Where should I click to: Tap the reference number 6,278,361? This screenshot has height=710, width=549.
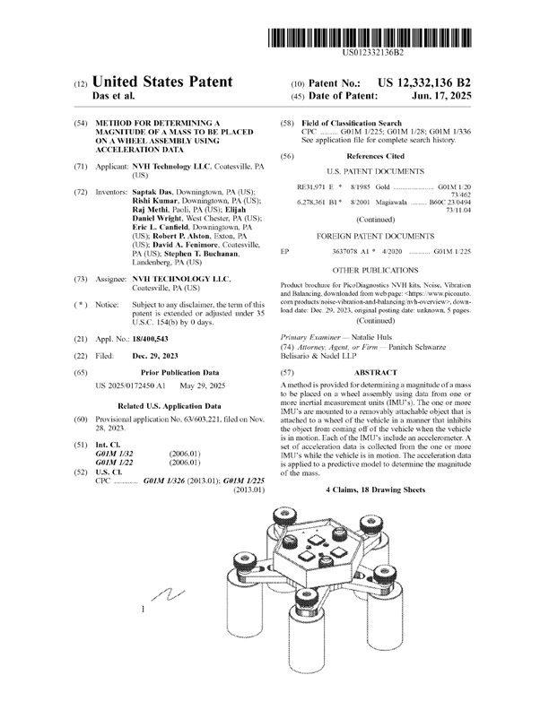[x=315, y=203]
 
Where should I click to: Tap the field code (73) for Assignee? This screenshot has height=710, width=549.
[x=80, y=280]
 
